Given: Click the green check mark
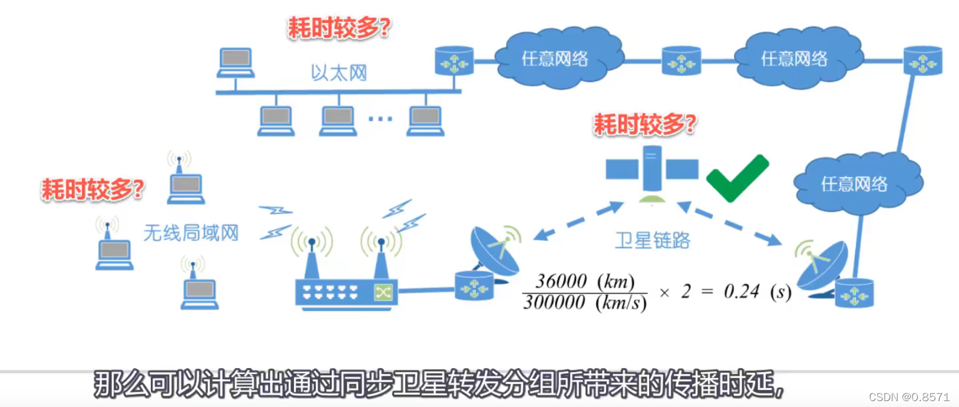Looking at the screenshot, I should [x=738, y=179].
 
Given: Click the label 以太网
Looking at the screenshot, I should [x=339, y=73].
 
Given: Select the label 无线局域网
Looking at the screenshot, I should [x=191, y=233].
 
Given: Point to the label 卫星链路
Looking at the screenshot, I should [x=653, y=240].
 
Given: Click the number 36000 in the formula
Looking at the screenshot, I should [x=561, y=281].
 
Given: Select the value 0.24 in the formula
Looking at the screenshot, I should [x=742, y=291].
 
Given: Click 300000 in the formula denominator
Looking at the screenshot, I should [x=554, y=303].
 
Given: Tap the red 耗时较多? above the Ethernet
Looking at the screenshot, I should [x=339, y=28].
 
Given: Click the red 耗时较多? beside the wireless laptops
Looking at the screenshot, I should [x=92, y=189].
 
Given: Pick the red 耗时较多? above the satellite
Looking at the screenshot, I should [x=644, y=124].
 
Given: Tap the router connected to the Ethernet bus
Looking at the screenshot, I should [x=454, y=61].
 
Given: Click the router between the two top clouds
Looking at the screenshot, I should [x=681, y=61].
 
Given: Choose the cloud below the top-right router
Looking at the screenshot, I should [x=857, y=183].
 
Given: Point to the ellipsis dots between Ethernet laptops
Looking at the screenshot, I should [x=380, y=119].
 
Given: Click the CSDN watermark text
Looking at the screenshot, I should [x=909, y=397].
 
